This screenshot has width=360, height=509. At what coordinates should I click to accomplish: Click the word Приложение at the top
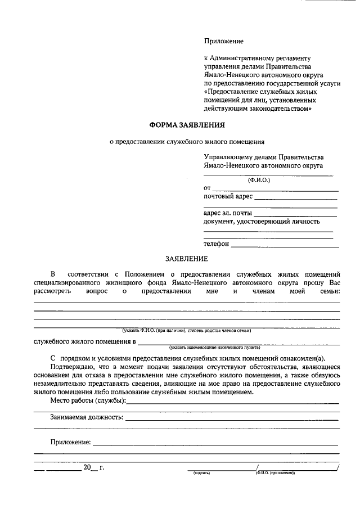point(223,41)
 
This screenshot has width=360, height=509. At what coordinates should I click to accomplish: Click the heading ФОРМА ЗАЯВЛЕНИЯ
point(186,124)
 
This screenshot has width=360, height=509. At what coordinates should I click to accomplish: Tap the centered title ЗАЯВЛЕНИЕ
point(186,259)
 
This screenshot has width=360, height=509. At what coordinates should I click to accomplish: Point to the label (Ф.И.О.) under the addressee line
point(259,181)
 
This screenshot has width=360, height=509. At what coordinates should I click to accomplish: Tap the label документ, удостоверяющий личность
point(262,222)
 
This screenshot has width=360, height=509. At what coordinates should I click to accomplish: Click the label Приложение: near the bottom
point(70,443)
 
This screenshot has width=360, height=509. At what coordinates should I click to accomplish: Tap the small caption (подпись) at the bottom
point(201,473)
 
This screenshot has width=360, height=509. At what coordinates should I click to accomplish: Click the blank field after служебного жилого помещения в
point(238,343)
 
